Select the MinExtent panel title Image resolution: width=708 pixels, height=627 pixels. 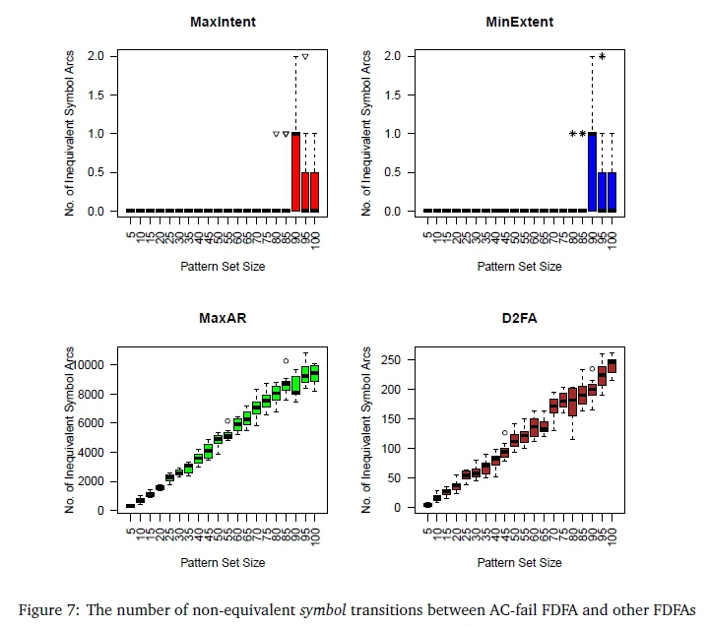[519, 21]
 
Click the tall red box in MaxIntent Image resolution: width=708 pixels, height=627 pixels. [295, 171]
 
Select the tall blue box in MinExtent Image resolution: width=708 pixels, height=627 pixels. [593, 171]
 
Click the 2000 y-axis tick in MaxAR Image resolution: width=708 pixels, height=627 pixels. [96, 481]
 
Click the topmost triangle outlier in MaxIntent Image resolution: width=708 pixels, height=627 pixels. [306, 57]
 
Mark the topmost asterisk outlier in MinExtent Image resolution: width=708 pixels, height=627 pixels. [602, 57]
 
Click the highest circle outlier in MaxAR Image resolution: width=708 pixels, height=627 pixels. [286, 361]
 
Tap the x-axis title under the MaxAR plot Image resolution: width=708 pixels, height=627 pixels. [223, 563]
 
